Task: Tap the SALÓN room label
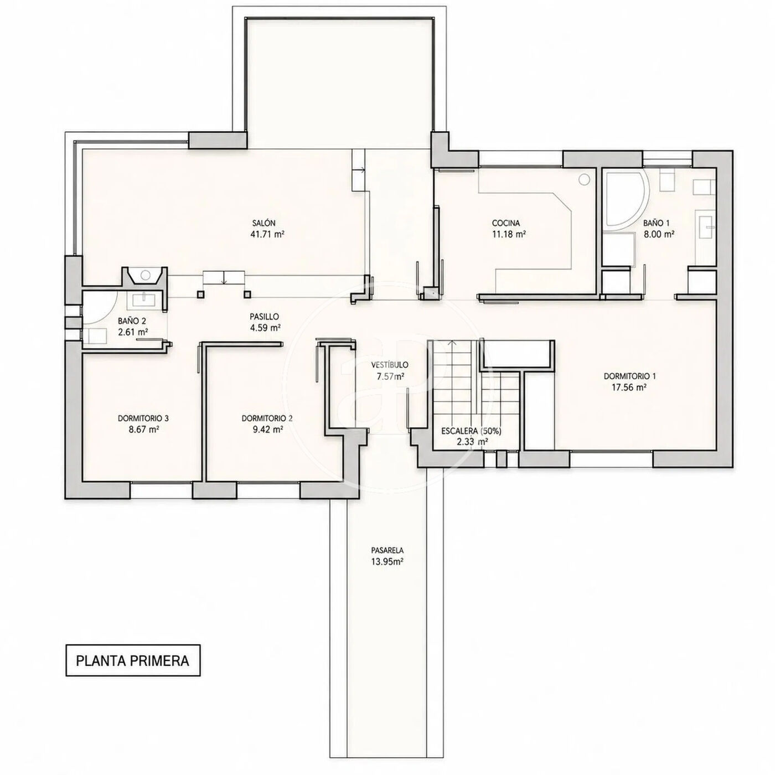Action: (264, 223)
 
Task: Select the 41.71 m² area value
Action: (267, 234)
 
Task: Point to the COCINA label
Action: (506, 223)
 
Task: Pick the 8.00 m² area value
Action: (659, 234)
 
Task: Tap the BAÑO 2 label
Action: (132, 321)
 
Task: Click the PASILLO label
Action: (264, 317)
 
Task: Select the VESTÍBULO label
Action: (389, 365)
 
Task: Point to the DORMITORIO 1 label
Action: (630, 376)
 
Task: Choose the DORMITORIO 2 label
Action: (267, 418)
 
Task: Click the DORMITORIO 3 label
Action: (143, 418)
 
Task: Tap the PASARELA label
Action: (387, 550)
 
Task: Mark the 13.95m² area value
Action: (387, 561)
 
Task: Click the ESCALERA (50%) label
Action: (471, 431)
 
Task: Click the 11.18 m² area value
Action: (509, 234)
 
